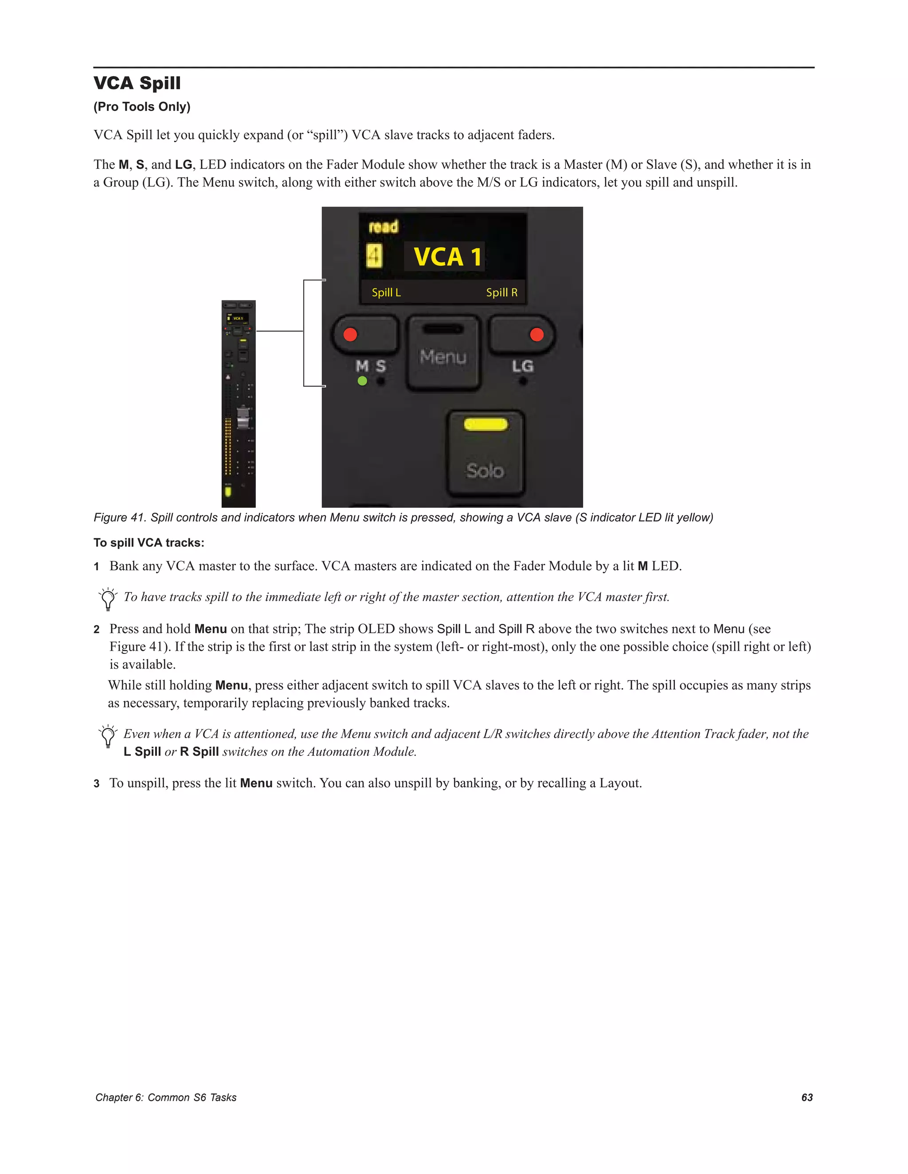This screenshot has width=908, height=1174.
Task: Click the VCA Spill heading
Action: click(x=137, y=83)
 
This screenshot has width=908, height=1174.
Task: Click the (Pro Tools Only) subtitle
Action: click(x=142, y=106)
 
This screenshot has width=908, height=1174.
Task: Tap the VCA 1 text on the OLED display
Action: click(x=446, y=257)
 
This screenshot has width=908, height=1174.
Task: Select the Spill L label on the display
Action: click(x=386, y=292)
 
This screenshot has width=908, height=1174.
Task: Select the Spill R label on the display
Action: click(x=501, y=292)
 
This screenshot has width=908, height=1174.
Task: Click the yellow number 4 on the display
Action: click(x=374, y=256)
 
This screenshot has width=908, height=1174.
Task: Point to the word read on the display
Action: click(x=384, y=226)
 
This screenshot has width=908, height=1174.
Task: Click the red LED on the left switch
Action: click(x=350, y=334)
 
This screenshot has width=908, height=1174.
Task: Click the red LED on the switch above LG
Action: click(x=536, y=334)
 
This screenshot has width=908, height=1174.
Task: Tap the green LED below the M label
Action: click(x=363, y=381)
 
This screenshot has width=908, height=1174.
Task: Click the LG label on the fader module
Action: click(x=522, y=366)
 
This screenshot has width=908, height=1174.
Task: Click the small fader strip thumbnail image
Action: click(x=238, y=403)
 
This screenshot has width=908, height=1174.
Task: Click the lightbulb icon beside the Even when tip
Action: click(x=108, y=736)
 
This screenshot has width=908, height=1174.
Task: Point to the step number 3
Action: click(x=97, y=784)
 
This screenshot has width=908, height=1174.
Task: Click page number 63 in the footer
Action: click(x=807, y=1097)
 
